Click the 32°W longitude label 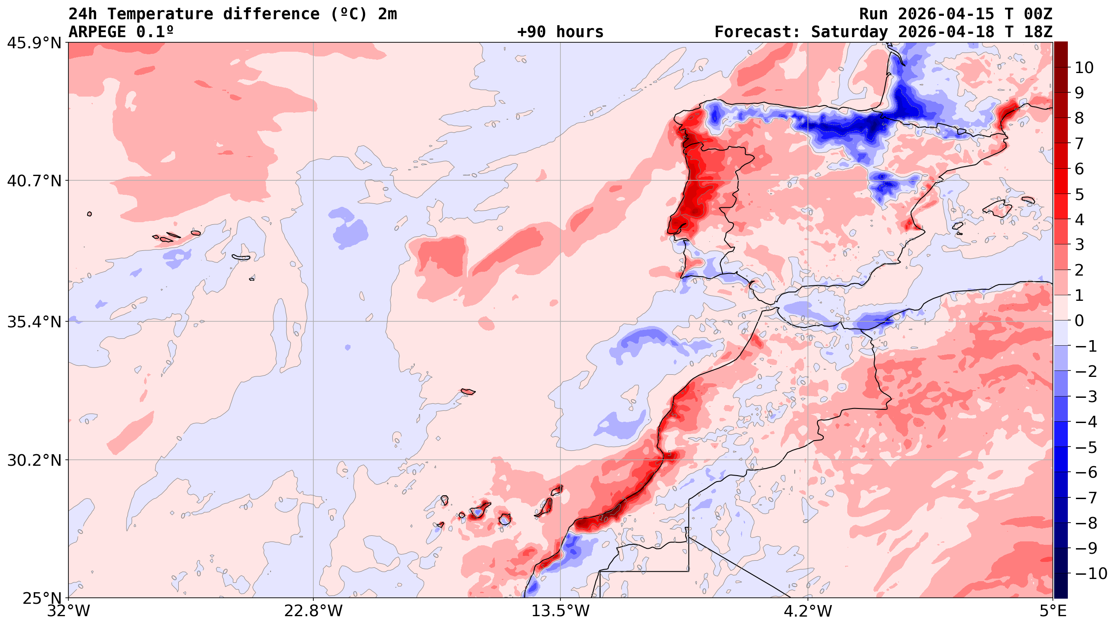click(68, 611)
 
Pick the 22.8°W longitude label click(313, 611)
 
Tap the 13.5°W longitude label click(560, 611)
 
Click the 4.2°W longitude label click(808, 611)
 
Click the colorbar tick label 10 click(1083, 68)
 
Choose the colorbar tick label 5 click(1079, 194)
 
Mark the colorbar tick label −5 click(1085, 447)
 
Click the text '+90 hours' click(560, 32)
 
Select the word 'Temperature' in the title click(160, 14)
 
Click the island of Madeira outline click(468, 392)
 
